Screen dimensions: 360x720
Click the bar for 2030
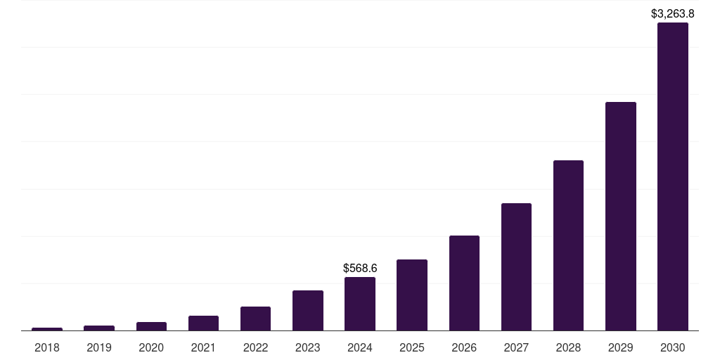click(672, 176)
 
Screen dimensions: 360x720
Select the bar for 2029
click(620, 217)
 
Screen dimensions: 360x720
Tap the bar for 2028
click(568, 245)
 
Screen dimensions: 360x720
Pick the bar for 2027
click(516, 267)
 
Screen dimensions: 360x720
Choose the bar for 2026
click(464, 283)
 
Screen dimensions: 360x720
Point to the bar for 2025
click(412, 295)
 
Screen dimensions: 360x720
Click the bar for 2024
click(360, 304)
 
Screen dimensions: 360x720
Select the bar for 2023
click(308, 311)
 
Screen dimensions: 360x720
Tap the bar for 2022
click(255, 319)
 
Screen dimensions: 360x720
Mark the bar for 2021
click(203, 323)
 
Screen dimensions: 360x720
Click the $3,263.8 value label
click(672, 13)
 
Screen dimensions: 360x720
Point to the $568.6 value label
click(360, 268)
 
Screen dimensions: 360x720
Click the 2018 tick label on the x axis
click(47, 347)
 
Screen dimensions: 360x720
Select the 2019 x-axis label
click(99, 347)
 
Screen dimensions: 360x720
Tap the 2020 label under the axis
click(151, 347)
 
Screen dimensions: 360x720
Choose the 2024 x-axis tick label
click(360, 347)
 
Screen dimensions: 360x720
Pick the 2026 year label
click(464, 347)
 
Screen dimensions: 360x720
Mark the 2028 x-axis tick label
click(568, 347)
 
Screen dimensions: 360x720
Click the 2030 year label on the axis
click(672, 347)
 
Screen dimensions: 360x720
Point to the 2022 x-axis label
click(255, 347)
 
